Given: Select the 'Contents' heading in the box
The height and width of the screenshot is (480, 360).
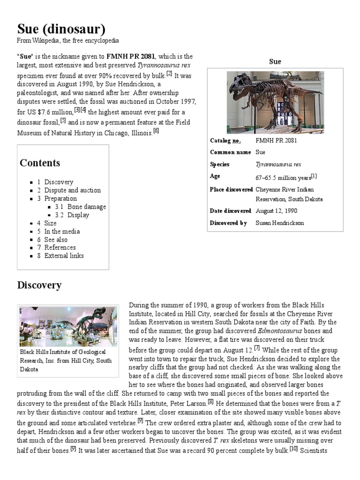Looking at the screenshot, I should (x=40, y=163).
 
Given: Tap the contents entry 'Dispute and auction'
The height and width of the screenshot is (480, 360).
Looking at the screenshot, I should (x=72, y=190).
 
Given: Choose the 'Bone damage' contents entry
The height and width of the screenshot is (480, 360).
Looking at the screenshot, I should (x=86, y=207).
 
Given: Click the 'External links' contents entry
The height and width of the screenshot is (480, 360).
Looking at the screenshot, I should (x=64, y=255).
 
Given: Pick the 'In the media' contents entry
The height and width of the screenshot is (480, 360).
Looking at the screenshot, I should (x=62, y=231).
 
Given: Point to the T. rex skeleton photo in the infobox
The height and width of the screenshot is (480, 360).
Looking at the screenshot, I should (x=275, y=102).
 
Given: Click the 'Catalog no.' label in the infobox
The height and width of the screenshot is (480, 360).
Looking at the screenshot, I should (x=227, y=141).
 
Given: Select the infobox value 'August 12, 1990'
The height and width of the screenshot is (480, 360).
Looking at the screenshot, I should (x=277, y=211).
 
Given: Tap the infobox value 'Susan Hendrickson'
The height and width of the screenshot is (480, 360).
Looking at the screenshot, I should (x=279, y=223).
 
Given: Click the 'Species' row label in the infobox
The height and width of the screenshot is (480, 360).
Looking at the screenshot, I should (x=220, y=165).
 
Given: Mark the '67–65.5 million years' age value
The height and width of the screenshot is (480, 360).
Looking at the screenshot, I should (x=284, y=178).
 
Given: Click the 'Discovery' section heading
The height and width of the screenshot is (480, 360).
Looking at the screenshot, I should (x=39, y=285).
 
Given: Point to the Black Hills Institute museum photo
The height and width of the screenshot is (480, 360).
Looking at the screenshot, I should (x=68, y=326).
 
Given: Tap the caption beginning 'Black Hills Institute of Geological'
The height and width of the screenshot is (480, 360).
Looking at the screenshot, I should (x=63, y=352).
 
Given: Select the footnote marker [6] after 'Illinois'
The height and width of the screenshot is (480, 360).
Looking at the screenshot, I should (x=156, y=131).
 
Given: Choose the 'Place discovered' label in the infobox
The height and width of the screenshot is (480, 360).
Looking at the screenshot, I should (x=232, y=189).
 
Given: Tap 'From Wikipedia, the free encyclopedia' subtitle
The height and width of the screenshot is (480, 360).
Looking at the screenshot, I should (x=68, y=41).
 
